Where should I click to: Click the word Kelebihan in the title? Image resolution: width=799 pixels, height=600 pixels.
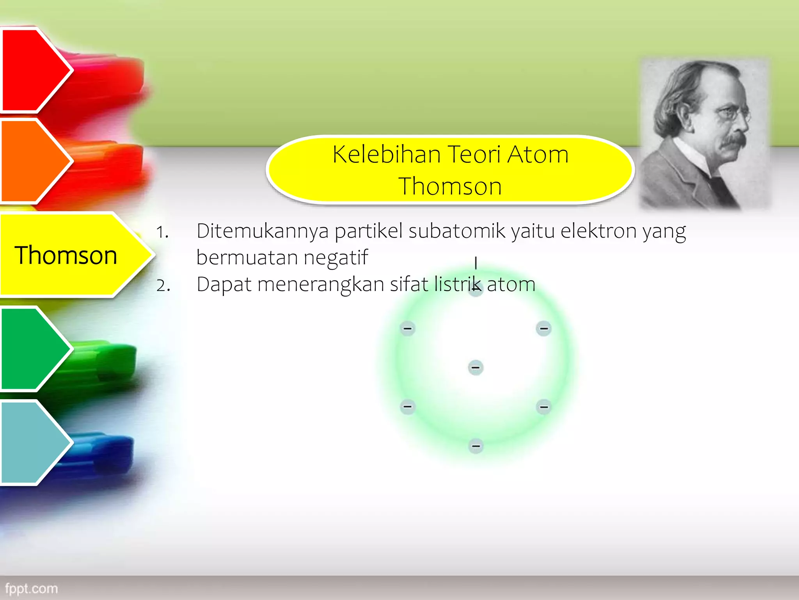[x=387, y=154]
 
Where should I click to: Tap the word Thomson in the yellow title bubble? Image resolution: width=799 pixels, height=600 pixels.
[x=450, y=186]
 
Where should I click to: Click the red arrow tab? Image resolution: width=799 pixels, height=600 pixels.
[x=31, y=70]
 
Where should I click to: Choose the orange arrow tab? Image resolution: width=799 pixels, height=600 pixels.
[x=31, y=161]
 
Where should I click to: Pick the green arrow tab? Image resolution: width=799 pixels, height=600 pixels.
[x=31, y=349]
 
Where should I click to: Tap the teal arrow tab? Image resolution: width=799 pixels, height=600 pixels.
[x=31, y=443]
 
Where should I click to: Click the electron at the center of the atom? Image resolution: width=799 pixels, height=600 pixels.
[x=476, y=368]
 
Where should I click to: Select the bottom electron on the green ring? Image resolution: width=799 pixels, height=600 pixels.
[x=476, y=446]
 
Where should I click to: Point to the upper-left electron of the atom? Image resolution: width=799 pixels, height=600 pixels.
[x=408, y=329]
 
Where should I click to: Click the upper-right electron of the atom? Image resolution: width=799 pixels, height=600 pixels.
[x=543, y=329]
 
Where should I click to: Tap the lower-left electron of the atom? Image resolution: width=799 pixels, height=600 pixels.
[x=408, y=407]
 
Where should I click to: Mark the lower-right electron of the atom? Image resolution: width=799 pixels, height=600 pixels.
[x=543, y=407]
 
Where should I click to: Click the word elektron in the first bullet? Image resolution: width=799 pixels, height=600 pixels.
[x=599, y=231]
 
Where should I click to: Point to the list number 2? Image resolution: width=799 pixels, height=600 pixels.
[x=163, y=286]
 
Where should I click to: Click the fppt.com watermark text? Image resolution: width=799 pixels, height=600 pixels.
[x=31, y=588]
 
